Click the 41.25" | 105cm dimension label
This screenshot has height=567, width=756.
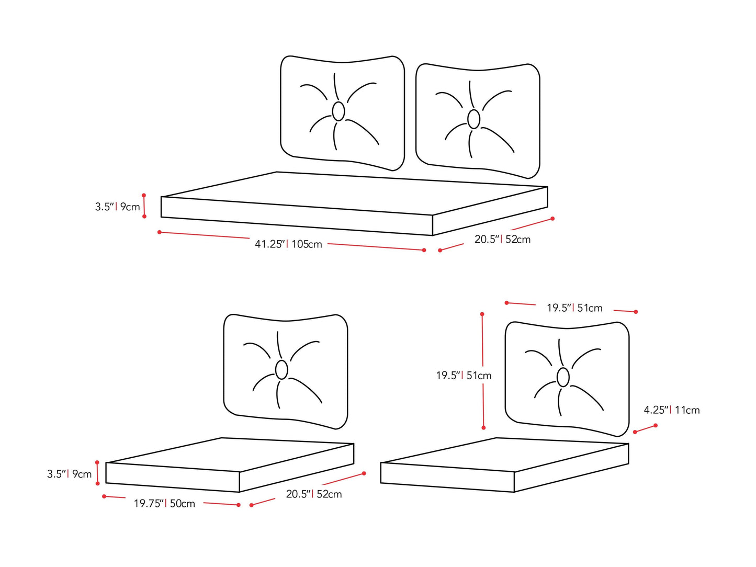coord(288,244)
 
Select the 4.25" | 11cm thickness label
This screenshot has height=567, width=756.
coord(672,410)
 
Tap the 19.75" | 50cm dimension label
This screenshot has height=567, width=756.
coord(164,503)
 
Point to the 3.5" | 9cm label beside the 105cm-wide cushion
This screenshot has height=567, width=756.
coord(117,207)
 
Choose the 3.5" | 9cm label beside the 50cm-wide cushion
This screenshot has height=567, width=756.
coord(69,474)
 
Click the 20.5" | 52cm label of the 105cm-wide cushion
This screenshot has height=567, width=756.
coord(502,239)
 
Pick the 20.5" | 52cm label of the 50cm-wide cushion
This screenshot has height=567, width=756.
coord(314,494)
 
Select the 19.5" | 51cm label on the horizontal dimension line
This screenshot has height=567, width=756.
coord(574,308)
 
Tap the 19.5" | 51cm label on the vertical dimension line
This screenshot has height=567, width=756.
coord(464,375)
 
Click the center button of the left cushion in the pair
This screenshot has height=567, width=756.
coord(338,111)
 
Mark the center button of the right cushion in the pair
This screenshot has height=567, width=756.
coord(473,119)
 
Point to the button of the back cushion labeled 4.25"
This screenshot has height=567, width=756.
coord(563,377)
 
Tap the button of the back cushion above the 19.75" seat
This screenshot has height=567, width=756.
coord(281,370)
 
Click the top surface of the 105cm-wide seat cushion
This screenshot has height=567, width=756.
coord(355,193)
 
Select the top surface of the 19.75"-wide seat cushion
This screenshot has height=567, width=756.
coord(230,454)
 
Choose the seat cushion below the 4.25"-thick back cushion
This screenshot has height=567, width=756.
coord(504,465)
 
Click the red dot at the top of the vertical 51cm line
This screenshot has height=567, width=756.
coord(482,314)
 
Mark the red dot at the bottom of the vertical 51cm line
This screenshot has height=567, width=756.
coord(483,427)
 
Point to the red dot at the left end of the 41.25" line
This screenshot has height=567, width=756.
coord(159,232)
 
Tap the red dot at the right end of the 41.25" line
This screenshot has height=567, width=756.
coord(424,250)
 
